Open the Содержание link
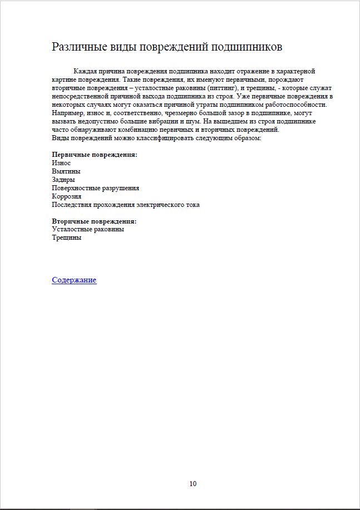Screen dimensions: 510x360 [x=74, y=280]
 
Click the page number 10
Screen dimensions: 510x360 [x=193, y=483]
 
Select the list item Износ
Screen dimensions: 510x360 [x=61, y=163]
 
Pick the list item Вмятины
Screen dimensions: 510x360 [x=66, y=171]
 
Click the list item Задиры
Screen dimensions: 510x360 [x=63, y=180]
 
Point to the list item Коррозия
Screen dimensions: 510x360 [x=66, y=196]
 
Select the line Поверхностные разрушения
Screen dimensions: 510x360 [x=95, y=188]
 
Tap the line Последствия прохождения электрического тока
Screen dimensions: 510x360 [x=125, y=205]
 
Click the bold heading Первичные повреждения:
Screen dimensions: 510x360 [x=94, y=155]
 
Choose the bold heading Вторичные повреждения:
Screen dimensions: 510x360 [x=94, y=221]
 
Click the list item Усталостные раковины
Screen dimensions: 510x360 [x=88, y=229]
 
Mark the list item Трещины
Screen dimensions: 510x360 [x=66, y=237]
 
